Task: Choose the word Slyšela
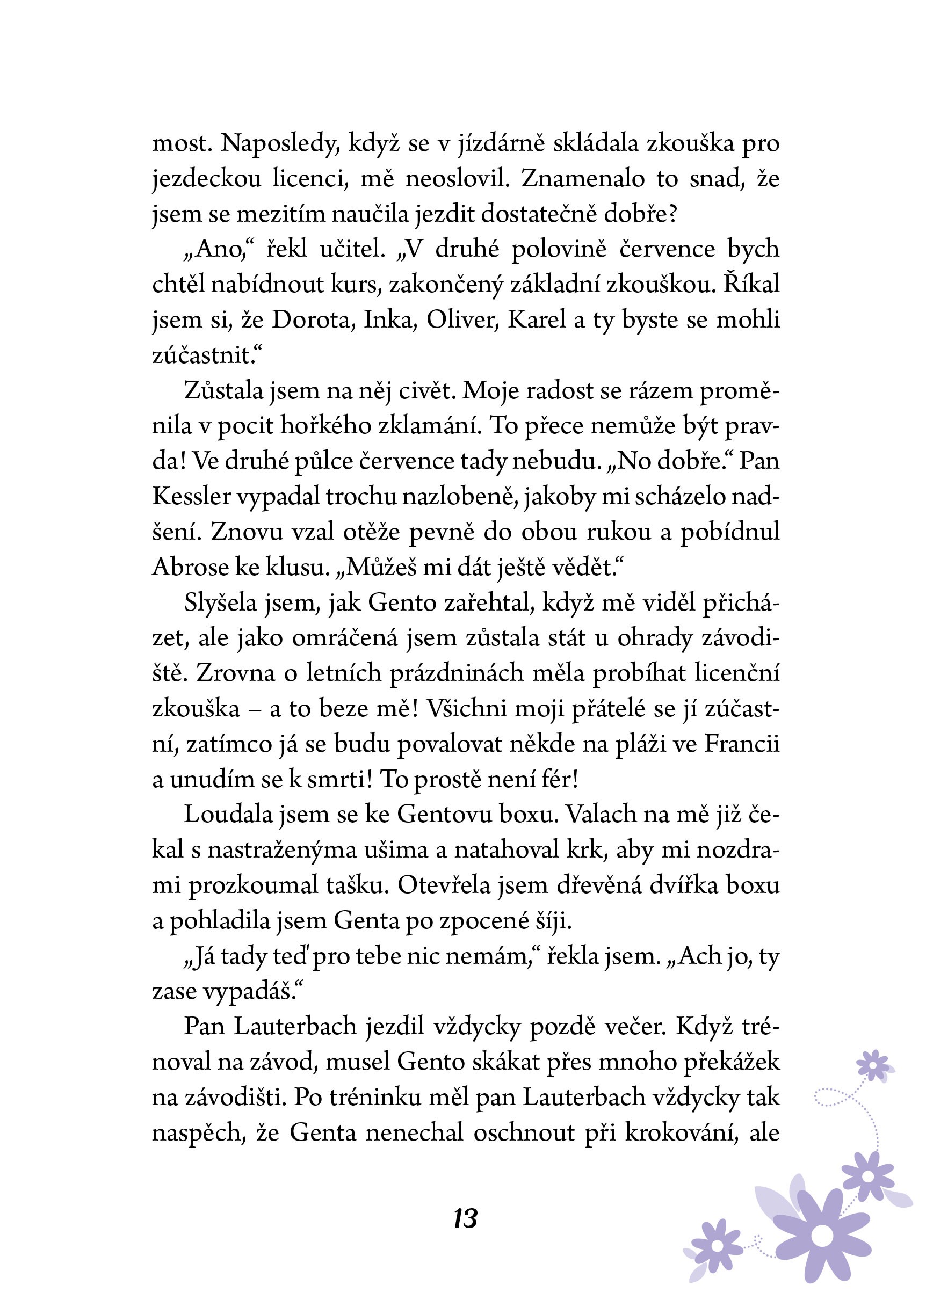221,603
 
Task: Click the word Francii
742,744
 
